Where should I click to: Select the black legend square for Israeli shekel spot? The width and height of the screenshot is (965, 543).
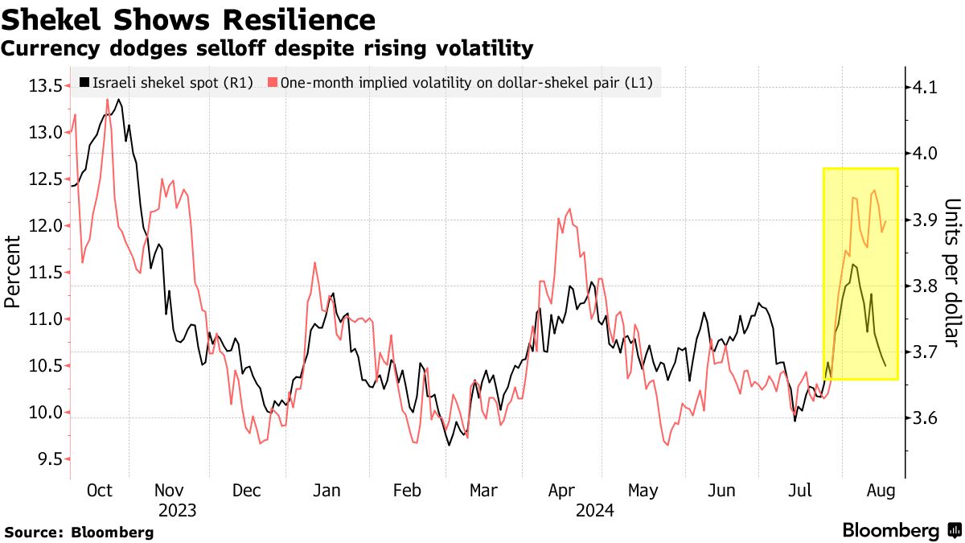coord(84,82)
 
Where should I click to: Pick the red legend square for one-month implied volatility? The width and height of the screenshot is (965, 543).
coord(273,82)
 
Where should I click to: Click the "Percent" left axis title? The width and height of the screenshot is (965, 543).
coord(13,271)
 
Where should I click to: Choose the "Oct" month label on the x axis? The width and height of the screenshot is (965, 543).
coord(100,491)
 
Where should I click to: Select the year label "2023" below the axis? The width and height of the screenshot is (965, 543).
coord(178,510)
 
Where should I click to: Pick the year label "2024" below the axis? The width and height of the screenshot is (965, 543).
coord(595,510)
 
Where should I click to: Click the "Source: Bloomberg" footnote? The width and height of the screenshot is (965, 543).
coord(79,532)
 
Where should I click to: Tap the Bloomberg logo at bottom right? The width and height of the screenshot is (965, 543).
coord(901,530)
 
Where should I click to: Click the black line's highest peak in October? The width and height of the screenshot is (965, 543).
coord(119,100)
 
